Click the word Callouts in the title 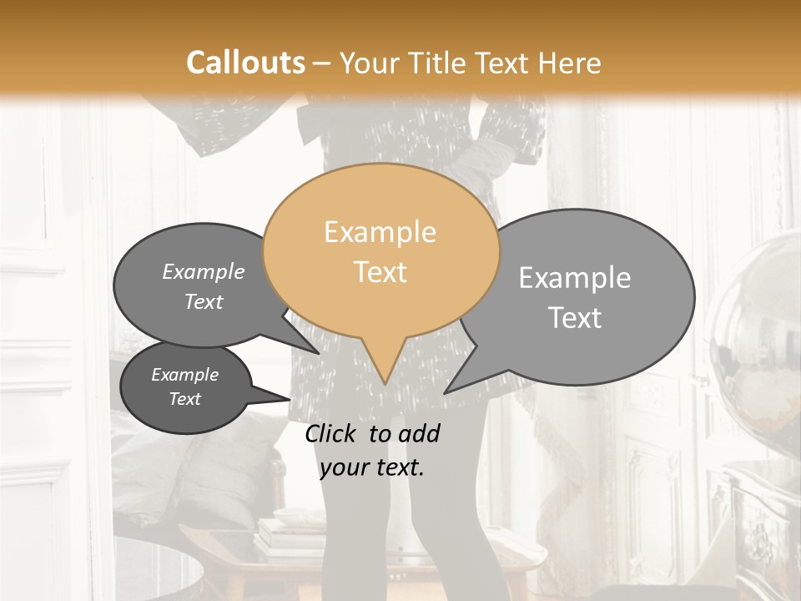245,63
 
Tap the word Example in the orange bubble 380,232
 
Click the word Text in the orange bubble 380,272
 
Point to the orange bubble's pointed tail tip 385,383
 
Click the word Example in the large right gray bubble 575,278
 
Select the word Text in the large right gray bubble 575,318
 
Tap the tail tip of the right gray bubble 446,392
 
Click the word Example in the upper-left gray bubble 204,271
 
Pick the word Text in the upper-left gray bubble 204,301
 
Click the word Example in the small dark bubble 184,375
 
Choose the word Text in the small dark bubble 184,399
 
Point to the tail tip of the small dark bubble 289,397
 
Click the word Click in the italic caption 331,433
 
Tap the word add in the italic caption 419,433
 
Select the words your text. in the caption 372,467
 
